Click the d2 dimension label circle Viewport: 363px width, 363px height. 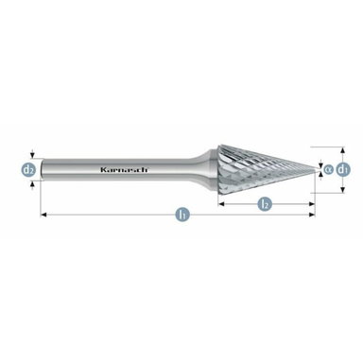tap(29, 169)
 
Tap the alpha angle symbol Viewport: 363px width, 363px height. tap(327, 169)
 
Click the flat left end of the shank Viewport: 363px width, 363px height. tap(43, 170)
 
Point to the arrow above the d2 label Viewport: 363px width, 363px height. tap(30, 157)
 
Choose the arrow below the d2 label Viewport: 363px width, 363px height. tap(30, 182)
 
